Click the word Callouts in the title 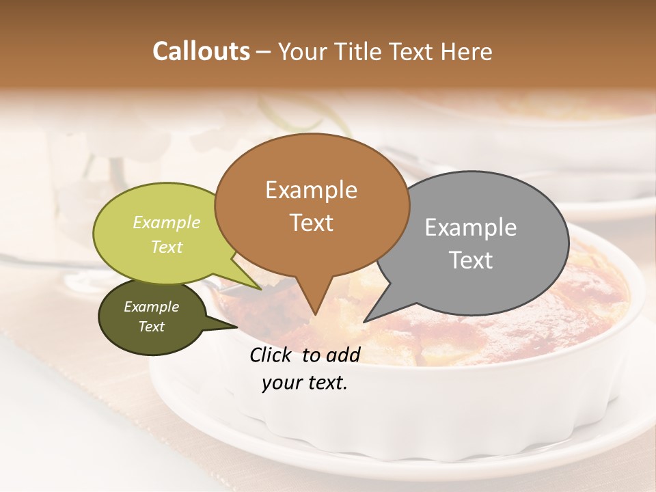pyautogui.click(x=201, y=51)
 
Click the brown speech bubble pyautogui.click(x=312, y=205)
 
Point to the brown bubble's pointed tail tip pyautogui.click(x=314, y=315)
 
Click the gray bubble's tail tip pyautogui.click(x=364, y=322)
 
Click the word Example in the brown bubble pyautogui.click(x=311, y=189)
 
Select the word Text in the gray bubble pyautogui.click(x=471, y=260)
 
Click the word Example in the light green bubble pyautogui.click(x=167, y=223)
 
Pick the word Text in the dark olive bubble pyautogui.click(x=152, y=327)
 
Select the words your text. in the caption pyautogui.click(x=305, y=383)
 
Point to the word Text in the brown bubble pyautogui.click(x=312, y=223)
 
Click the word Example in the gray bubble pyautogui.click(x=471, y=228)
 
